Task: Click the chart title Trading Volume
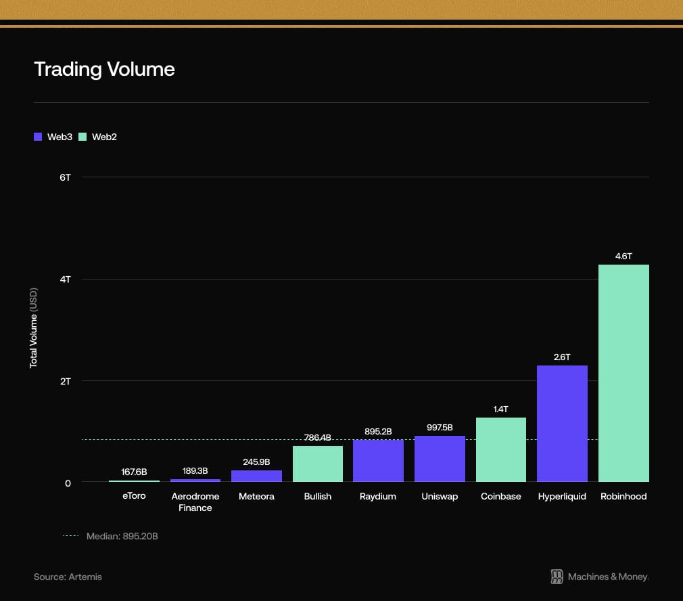point(104,69)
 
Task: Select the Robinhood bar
point(623,373)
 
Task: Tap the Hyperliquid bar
point(562,424)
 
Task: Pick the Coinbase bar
point(501,449)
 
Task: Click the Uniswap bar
point(440,459)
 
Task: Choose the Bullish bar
point(317,464)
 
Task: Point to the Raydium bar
point(378,461)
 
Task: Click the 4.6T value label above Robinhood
point(623,257)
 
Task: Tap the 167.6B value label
point(134,472)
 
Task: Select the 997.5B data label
point(440,427)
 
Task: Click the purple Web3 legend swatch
point(38,137)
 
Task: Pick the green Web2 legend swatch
point(83,137)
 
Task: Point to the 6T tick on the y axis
point(65,177)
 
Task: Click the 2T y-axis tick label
point(65,381)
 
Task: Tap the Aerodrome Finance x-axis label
point(195,502)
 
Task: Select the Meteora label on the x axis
point(256,496)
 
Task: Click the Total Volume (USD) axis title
point(33,328)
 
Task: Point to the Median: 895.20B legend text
point(122,536)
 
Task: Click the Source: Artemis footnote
point(68,577)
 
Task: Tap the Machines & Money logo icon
point(557,577)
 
